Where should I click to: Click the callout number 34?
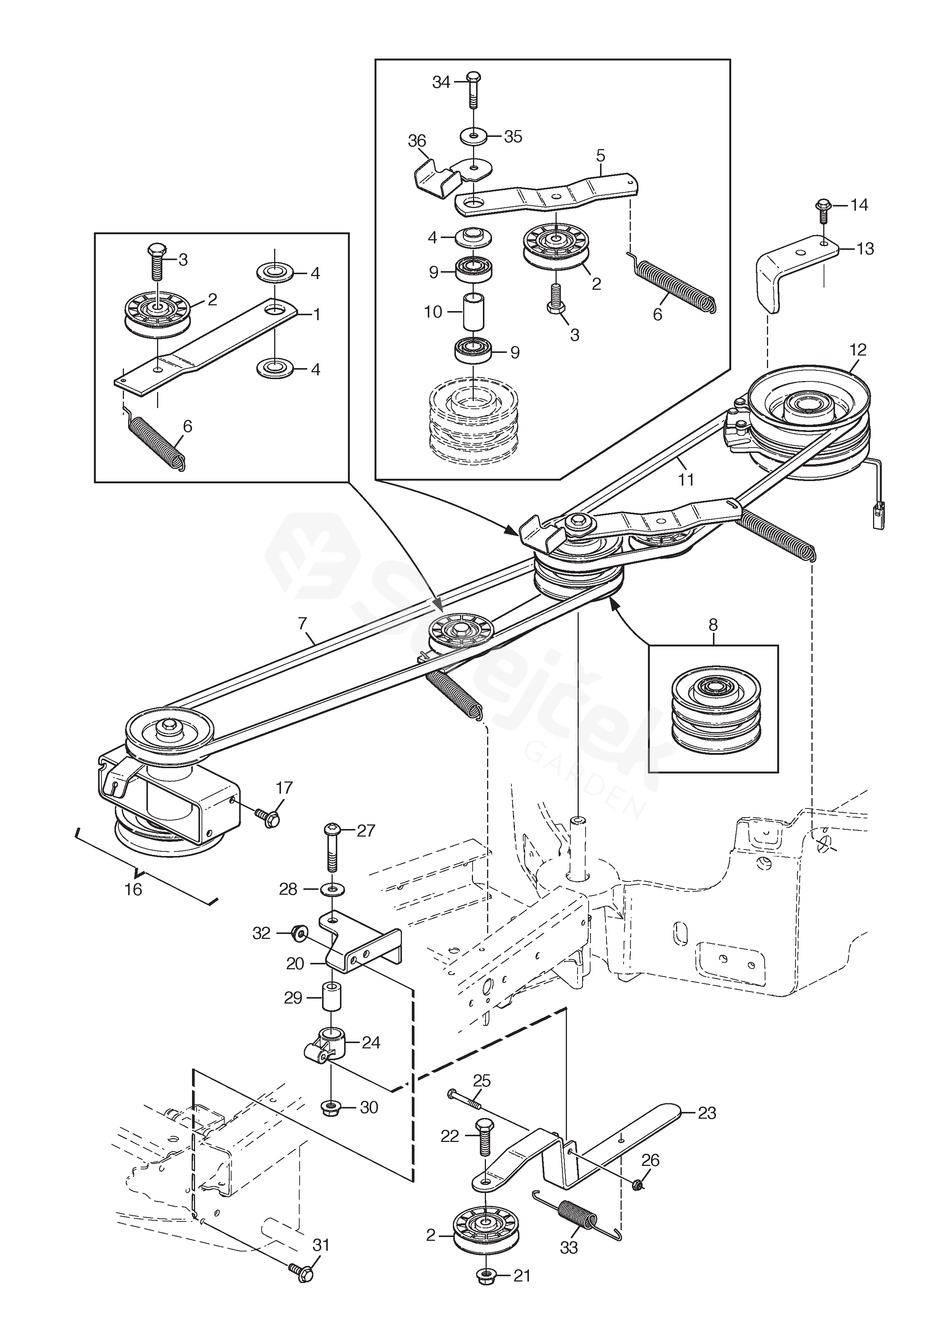tap(441, 83)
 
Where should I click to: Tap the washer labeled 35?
tap(475, 137)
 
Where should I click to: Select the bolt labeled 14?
tap(823, 211)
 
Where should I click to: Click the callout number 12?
tap(857, 350)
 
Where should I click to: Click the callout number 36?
tap(417, 141)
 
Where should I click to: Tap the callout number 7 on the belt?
tap(302, 624)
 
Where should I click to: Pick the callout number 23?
tap(706, 1113)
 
